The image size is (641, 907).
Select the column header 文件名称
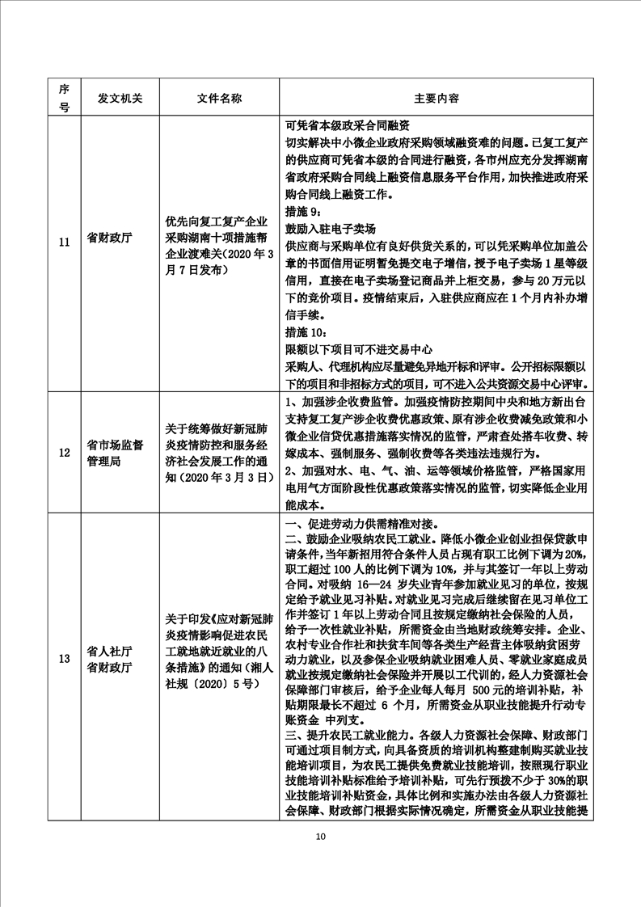coord(218,98)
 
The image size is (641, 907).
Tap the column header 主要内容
coord(436,98)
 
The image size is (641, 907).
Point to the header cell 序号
coord(64,98)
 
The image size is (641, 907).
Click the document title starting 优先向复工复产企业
coord(218,239)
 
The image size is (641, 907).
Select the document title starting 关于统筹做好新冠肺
coord(218,451)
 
